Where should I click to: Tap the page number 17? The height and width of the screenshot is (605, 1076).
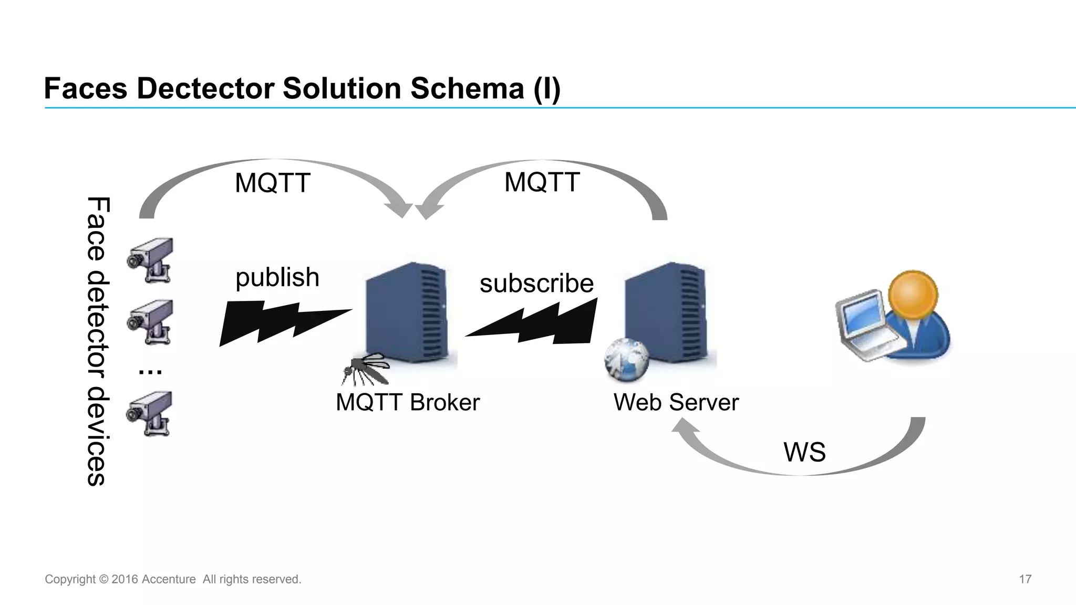tap(1025, 579)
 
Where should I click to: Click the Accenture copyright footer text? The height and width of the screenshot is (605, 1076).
tap(173, 579)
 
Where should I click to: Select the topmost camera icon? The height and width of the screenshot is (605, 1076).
tap(151, 260)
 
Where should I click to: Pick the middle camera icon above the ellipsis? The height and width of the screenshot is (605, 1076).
tap(151, 321)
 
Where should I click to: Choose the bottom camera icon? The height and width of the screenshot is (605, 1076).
tap(150, 413)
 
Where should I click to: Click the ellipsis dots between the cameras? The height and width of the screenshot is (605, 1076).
tap(150, 372)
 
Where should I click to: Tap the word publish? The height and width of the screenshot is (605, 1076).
tap(277, 277)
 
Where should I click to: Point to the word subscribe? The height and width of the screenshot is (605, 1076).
tap(536, 284)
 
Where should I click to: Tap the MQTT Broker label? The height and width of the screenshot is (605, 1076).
tap(408, 403)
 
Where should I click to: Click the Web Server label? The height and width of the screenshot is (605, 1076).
tap(676, 403)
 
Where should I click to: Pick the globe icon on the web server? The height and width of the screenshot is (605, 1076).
tap(627, 360)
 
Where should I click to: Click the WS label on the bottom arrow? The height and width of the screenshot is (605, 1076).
tap(804, 452)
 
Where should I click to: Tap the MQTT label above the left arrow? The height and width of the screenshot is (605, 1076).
tap(272, 183)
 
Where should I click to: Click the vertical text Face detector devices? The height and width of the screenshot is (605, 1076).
tap(98, 341)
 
